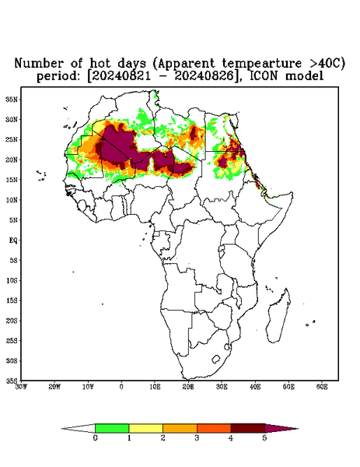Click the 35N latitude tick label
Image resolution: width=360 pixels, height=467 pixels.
tap(12, 99)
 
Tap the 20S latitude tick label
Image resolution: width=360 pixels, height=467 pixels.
tap(12, 321)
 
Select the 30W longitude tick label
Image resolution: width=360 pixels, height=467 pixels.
tap(22, 387)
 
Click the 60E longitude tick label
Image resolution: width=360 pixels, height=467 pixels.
tap(322, 387)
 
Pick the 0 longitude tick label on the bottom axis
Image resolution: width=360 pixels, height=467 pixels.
tap(121, 387)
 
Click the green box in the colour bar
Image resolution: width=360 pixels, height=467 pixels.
tap(112, 428)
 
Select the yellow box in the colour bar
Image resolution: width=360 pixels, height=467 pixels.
tap(145, 428)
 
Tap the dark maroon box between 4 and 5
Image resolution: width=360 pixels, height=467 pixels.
tap(248, 428)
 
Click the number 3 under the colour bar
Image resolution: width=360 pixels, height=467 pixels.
tap(197, 438)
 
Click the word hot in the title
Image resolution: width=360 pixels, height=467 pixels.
tap(100, 63)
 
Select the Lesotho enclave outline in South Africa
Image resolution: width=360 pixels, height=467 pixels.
tap(216, 359)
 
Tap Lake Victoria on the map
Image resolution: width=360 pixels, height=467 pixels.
tap(221, 248)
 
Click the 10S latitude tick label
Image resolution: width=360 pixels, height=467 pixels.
tap(12, 280)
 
